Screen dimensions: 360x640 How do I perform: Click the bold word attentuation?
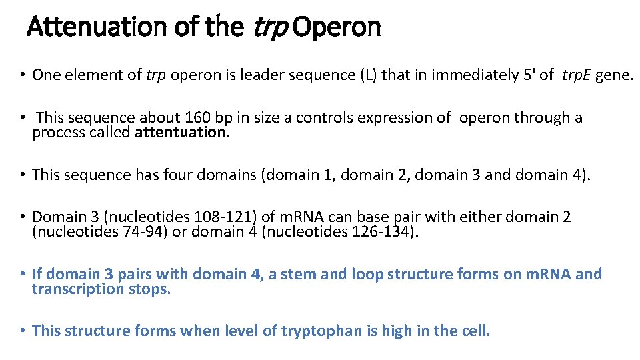[181, 132]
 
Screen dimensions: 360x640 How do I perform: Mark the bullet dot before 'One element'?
[23, 75]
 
